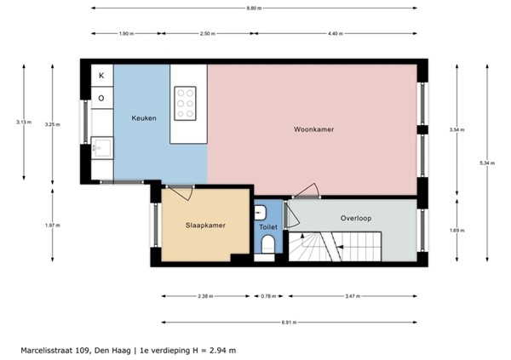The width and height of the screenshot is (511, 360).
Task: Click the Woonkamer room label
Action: click(313, 129)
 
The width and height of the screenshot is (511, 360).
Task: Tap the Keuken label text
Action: click(143, 118)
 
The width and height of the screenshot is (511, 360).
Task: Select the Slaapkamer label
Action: click(205, 226)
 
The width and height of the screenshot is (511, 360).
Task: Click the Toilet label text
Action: click(268, 227)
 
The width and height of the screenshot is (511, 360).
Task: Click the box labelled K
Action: click(101, 76)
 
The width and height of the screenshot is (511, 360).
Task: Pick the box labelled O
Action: click(101, 98)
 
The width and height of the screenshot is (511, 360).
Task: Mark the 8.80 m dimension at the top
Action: click(255, 8)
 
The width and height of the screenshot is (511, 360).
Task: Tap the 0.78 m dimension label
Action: click(269, 296)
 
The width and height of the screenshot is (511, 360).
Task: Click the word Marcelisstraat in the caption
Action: click(44, 349)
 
